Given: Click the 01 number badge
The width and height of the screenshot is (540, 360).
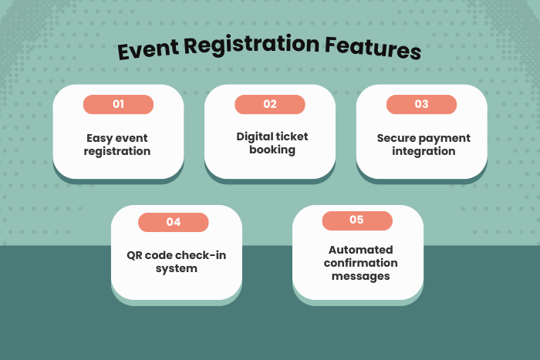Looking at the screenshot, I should tap(118, 104).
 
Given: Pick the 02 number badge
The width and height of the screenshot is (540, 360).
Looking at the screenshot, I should tap(270, 104).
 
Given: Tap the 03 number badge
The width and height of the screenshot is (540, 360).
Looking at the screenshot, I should tap(421, 104).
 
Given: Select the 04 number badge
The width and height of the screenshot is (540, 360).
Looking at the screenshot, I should tap(174, 222).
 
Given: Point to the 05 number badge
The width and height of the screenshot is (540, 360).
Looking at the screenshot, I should tap(356, 220).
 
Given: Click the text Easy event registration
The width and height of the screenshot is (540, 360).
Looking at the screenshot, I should tap(118, 145).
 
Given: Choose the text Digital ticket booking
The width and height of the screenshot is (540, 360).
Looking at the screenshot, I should tap(272, 143).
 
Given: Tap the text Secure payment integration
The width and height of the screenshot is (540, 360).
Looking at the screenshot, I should tap(424, 145).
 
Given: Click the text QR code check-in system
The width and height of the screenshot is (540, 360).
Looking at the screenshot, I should tap(177, 262).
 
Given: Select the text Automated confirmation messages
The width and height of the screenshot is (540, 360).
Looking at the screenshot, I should tap(361, 263).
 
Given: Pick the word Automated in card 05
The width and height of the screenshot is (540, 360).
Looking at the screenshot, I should tap(361, 250).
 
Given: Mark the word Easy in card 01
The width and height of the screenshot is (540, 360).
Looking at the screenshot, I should tap(99, 139).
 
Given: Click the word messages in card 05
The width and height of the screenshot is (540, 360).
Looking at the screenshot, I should tap(361, 276).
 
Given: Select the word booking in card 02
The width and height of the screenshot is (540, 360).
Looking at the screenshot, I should tap(272, 150).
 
